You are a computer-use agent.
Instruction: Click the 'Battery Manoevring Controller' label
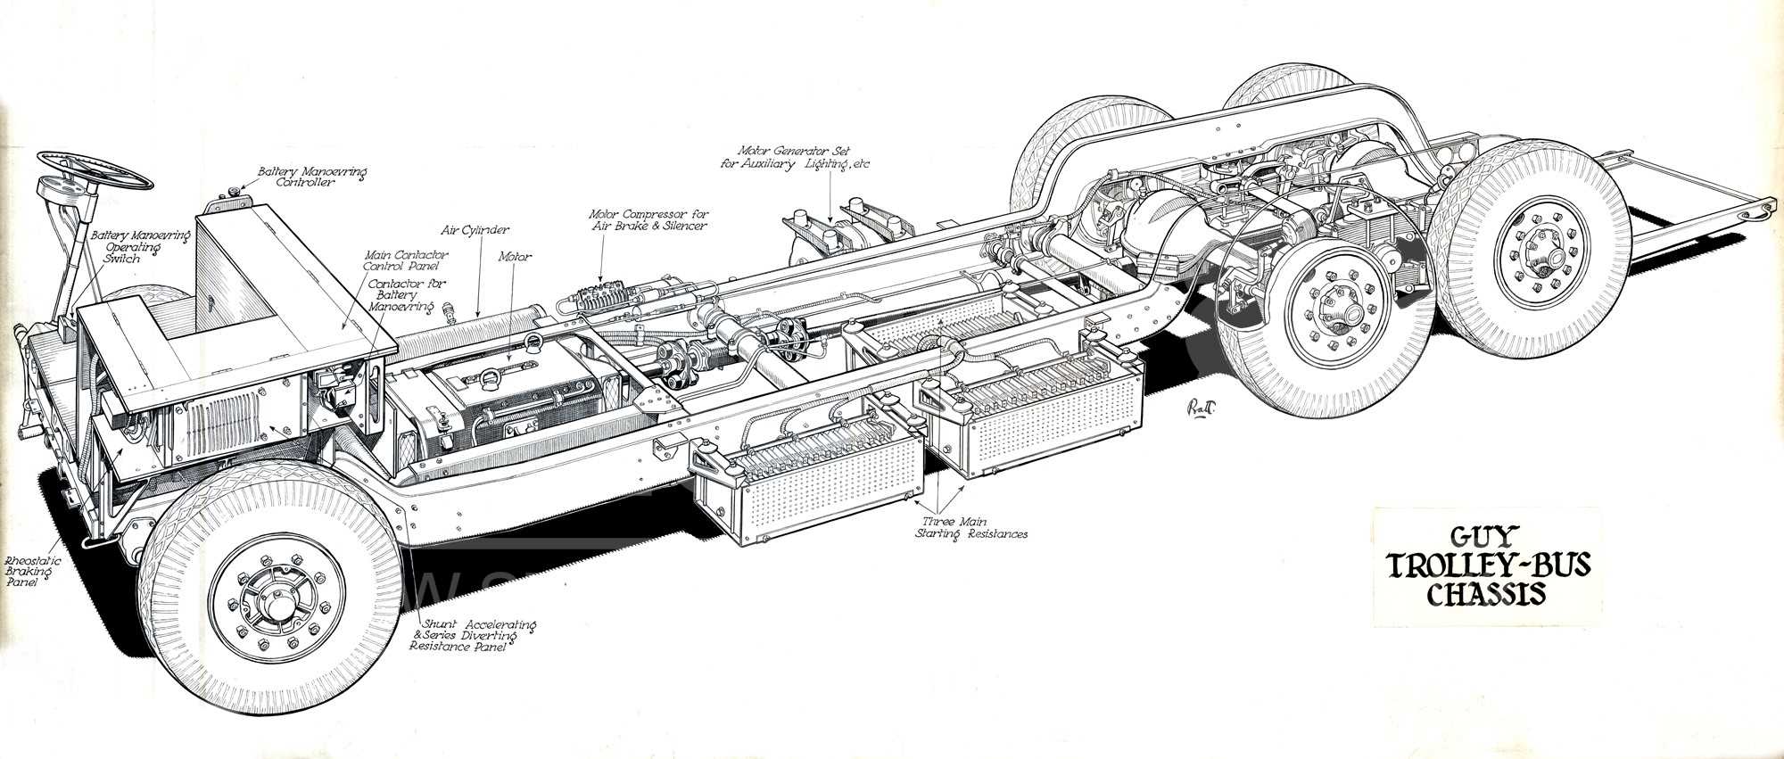pyautogui.click(x=312, y=176)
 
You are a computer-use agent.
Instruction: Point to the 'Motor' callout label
pyautogui.click(x=515, y=257)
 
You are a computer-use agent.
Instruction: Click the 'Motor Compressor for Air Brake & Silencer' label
pyautogui.click(x=648, y=220)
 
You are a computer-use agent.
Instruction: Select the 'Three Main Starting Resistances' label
pyautogui.click(x=971, y=527)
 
